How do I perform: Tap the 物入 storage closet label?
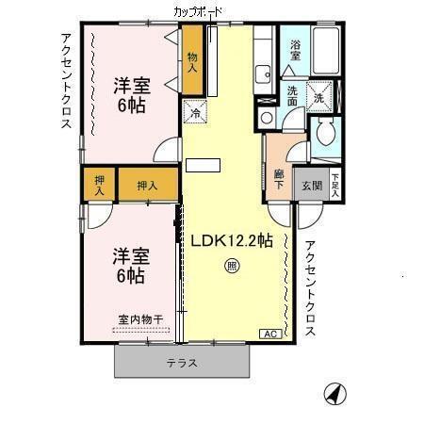[x=193, y=63]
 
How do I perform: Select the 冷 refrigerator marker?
[x=196, y=114]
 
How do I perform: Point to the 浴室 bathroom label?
[x=295, y=49]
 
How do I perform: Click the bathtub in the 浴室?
[x=326, y=53]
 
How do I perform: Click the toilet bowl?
[x=327, y=135]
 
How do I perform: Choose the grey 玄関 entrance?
[x=311, y=185]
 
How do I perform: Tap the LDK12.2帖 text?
[x=232, y=240]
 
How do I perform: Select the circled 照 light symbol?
[x=232, y=267]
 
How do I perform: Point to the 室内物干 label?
[x=139, y=319]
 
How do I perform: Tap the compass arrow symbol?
[x=333, y=392]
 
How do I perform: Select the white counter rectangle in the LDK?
[x=201, y=166]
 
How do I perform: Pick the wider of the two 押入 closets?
[x=146, y=185]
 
